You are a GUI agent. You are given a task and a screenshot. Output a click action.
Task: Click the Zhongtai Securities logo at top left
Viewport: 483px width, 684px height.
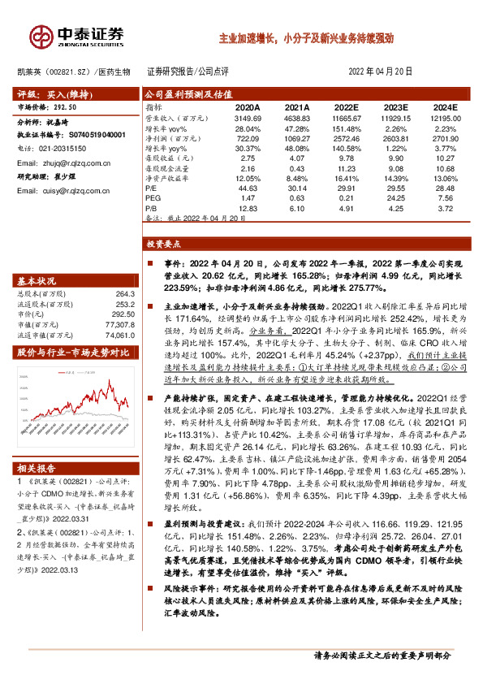pos(78,35)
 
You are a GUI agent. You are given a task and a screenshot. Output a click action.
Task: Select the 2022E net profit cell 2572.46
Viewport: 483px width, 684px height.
pos(347,139)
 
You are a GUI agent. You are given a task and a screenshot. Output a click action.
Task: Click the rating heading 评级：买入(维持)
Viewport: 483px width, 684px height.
pos(50,93)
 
